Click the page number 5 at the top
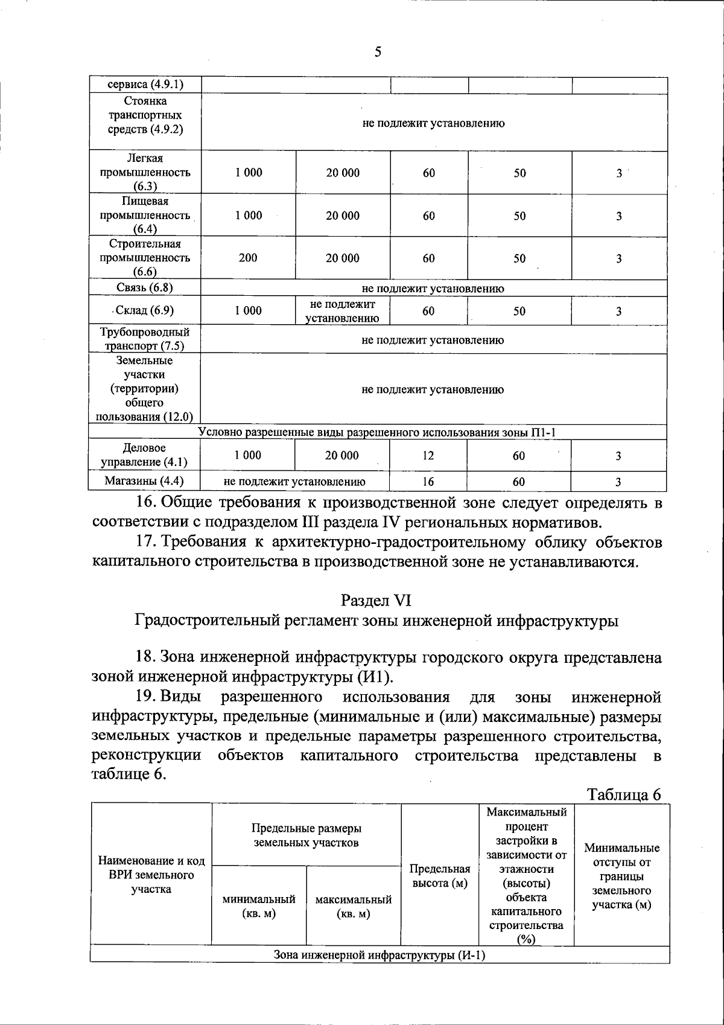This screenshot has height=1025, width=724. pos(378,52)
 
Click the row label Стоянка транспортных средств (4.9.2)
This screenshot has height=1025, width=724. pos(145,115)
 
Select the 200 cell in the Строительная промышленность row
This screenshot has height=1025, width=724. pos(248,258)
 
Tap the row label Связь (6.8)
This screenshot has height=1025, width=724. pos(145,287)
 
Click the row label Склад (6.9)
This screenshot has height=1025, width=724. pos(145,311)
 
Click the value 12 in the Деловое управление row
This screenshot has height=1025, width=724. pos(428,456)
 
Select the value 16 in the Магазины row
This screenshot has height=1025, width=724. pos(428,482)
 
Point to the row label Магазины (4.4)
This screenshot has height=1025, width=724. pos(144,481)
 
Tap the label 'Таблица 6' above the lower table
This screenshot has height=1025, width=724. pos(624,794)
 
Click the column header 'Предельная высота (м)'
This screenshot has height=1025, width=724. pos(440,876)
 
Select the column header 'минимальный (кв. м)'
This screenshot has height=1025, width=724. pos(259,906)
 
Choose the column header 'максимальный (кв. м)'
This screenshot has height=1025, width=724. pos(354,906)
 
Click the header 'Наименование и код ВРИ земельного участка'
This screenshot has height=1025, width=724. pos(151,875)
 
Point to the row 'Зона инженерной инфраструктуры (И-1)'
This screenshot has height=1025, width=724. pos(379,955)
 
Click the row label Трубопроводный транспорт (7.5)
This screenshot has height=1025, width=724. pos(145,339)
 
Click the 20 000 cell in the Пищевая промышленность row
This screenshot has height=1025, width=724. pos(343,216)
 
